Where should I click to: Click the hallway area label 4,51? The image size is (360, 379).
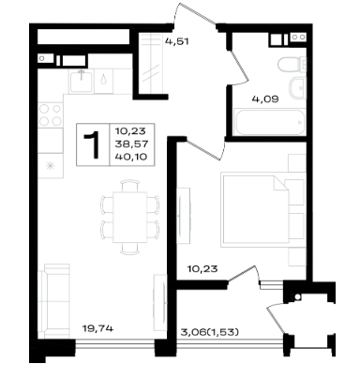[x=177, y=41]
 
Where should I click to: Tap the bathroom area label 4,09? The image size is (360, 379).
[x=265, y=99]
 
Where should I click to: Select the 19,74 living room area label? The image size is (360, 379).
[x=97, y=328]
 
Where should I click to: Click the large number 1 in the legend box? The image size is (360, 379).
[x=93, y=144]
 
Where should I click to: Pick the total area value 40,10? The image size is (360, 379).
[x=131, y=157]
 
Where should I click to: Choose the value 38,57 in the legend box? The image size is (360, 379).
[x=131, y=144]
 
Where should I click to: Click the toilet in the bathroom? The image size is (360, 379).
[x=292, y=65]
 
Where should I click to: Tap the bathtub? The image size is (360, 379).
[x=270, y=122]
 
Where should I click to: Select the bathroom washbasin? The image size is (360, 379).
[x=297, y=87]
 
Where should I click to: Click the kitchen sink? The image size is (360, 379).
[x=82, y=81]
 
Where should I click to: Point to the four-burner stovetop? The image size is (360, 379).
[x=51, y=114]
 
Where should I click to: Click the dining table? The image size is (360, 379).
[x=129, y=217]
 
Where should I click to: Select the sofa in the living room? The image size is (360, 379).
[x=53, y=301]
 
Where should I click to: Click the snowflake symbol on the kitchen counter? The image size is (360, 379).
[x=50, y=165]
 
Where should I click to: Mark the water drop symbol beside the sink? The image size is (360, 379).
[x=103, y=79]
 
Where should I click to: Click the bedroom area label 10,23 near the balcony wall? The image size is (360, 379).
[x=202, y=268]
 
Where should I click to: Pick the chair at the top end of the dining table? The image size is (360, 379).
[x=129, y=186]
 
